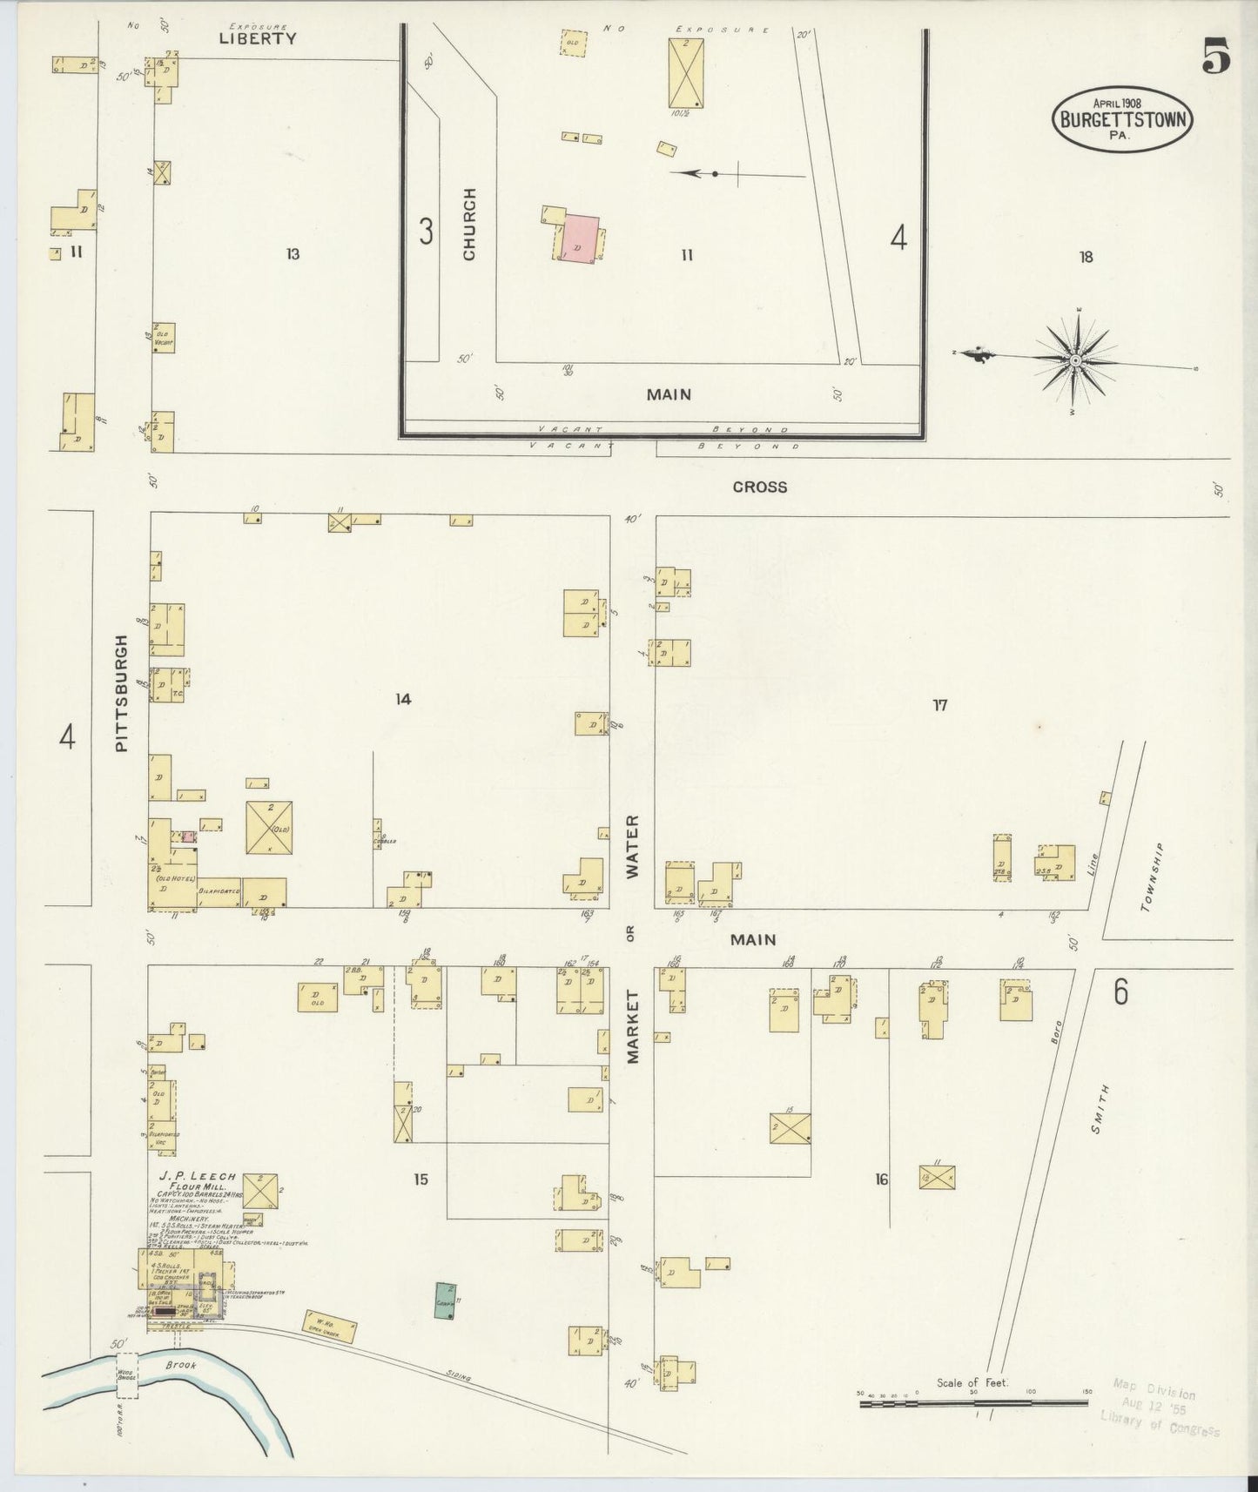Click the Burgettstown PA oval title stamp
1122,119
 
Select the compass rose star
1075,360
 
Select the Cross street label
759,487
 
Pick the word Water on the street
632,846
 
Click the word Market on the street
632,1025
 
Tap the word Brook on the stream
182,1365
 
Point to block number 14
402,699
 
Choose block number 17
939,705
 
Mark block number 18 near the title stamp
1086,257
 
